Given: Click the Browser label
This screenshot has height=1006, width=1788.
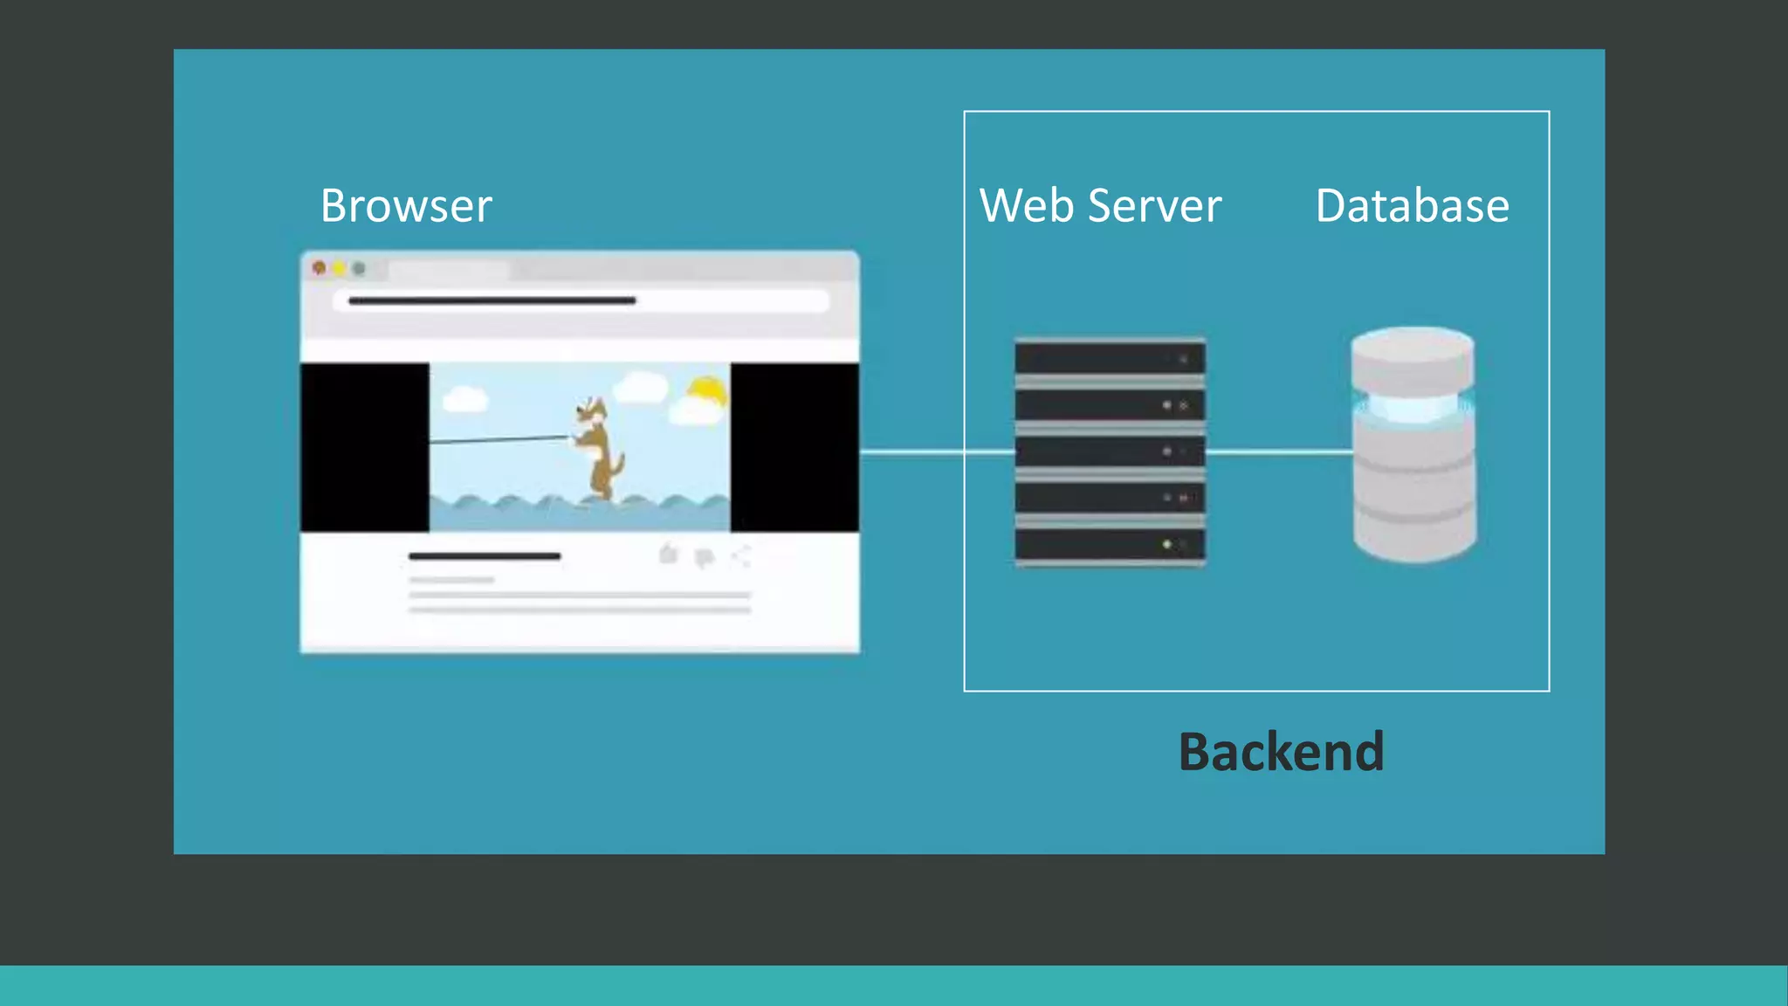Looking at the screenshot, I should click(406, 206).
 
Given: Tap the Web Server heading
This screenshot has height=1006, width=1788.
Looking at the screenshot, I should click(1100, 206).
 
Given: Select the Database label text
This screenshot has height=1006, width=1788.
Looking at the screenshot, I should click(1412, 206).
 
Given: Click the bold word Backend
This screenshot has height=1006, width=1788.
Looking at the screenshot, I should click(1281, 752).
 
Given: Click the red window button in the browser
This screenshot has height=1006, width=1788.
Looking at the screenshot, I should click(320, 268).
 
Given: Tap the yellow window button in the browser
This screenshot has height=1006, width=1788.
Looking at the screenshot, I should click(339, 268).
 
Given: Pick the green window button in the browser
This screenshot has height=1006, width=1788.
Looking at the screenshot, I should click(359, 268).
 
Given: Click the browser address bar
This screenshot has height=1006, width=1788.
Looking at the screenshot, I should click(581, 300).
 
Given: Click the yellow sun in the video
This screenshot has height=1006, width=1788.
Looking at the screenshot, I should click(707, 391).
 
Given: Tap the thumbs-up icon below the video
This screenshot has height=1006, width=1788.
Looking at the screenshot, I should click(669, 555).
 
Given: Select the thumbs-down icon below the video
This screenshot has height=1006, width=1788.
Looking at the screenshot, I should click(705, 557).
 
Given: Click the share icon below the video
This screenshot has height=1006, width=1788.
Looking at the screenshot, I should click(741, 556).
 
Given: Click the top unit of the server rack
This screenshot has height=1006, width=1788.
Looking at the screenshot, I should click(1110, 359).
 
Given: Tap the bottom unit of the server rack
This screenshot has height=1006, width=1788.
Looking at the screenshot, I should click(1110, 544).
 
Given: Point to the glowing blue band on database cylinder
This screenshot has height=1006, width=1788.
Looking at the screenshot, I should click(1413, 407).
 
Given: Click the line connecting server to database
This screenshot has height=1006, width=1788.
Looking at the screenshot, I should click(1279, 452).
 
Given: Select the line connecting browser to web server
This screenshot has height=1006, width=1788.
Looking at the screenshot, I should click(934, 452).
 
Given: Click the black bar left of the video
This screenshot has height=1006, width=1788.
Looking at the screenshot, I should click(365, 447).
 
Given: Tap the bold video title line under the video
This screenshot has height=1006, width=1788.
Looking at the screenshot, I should click(485, 555).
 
